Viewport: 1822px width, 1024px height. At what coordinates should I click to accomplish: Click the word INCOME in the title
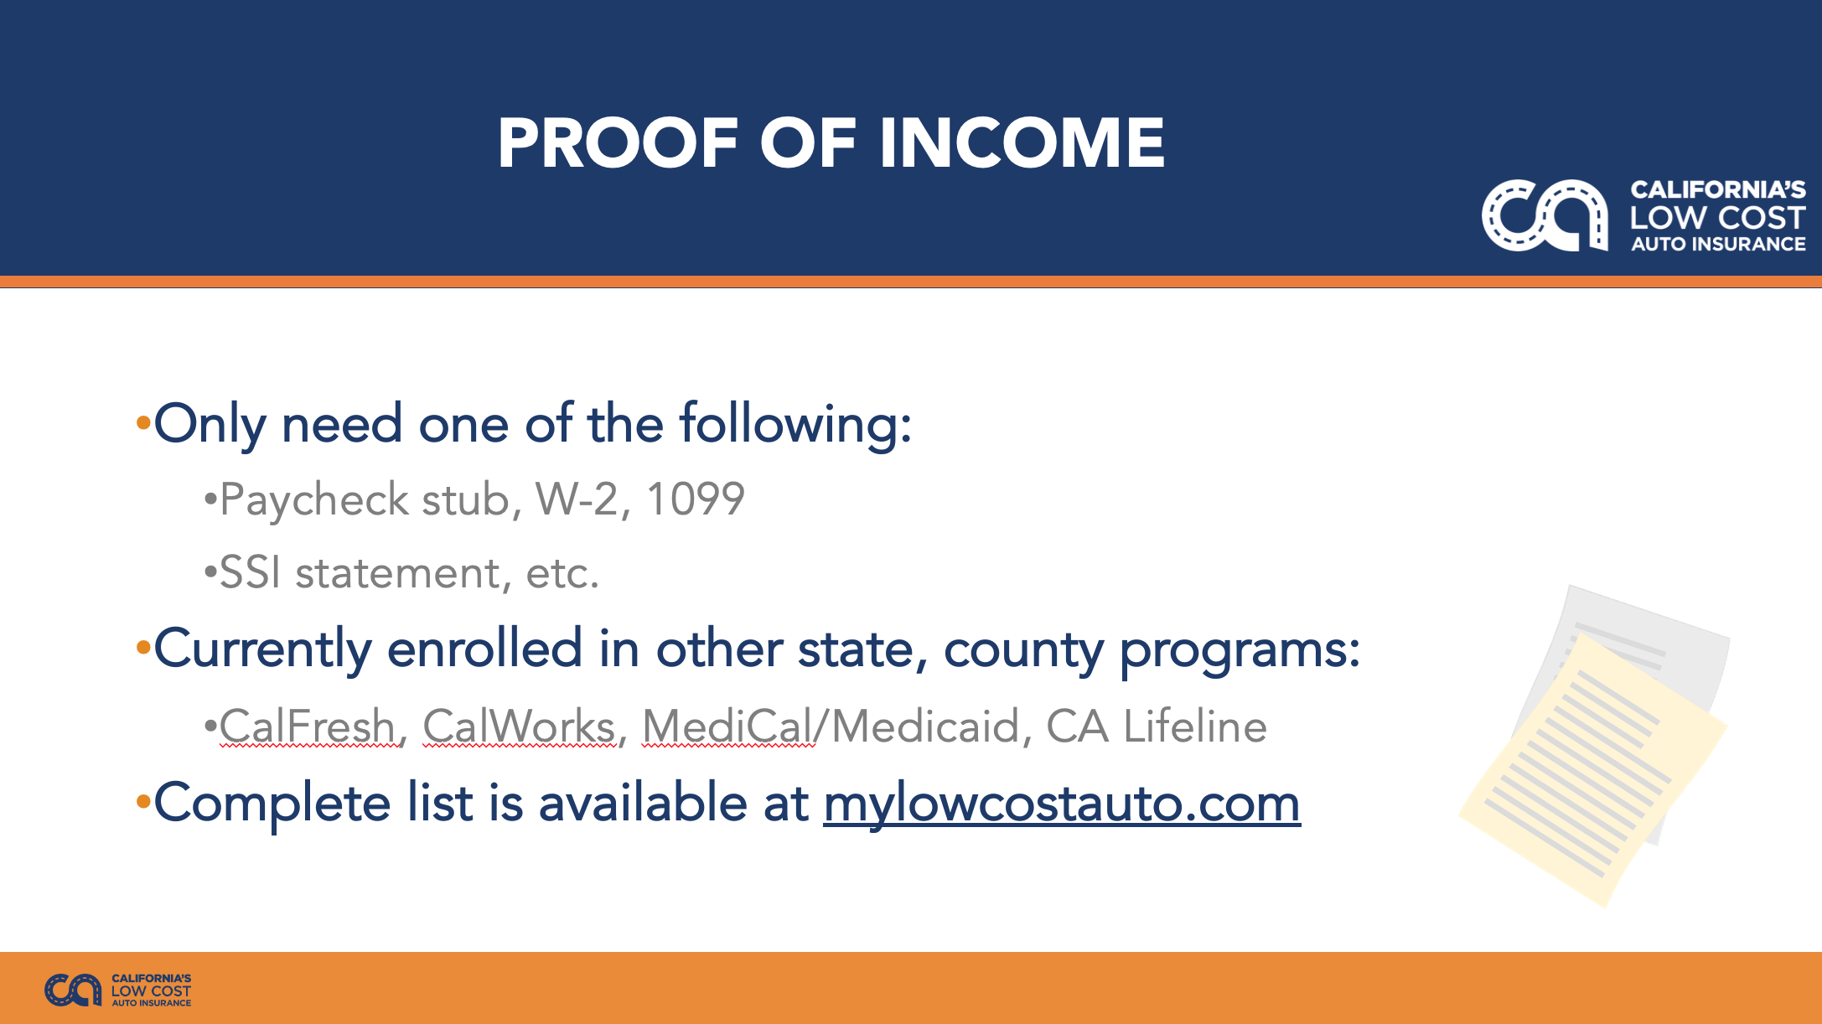[1022, 142]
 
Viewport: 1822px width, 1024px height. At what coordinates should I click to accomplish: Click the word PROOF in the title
[619, 142]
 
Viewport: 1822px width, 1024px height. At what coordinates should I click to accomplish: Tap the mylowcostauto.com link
[1062, 804]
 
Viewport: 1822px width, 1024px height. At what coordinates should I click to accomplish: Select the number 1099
[696, 499]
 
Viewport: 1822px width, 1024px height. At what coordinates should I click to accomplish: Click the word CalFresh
[308, 726]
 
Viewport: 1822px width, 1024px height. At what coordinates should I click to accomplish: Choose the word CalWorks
[520, 726]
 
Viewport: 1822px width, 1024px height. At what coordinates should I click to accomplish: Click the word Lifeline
[1195, 726]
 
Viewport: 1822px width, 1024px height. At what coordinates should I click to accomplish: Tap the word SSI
[250, 573]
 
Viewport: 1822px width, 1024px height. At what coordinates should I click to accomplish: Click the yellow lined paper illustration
[1592, 767]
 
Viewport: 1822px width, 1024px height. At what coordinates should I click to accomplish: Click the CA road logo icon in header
[1545, 215]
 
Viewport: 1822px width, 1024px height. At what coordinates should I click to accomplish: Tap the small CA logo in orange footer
[73, 990]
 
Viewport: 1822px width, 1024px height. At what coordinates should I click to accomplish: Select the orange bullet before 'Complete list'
[143, 803]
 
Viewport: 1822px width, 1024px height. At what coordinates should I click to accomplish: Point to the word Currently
[262, 649]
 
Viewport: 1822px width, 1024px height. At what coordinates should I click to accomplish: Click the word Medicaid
[926, 726]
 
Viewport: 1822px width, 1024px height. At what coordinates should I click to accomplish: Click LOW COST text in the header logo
[1717, 218]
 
